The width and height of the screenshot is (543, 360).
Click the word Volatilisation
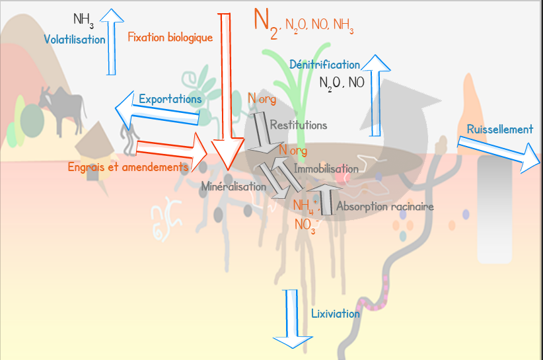tap(75, 40)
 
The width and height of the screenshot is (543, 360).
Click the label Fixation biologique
tap(170, 38)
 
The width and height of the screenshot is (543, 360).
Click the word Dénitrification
tap(324, 65)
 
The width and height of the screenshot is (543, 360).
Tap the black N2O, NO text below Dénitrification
tap(342, 83)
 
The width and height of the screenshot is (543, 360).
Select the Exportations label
tap(170, 99)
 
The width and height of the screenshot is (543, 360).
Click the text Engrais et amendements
tap(128, 167)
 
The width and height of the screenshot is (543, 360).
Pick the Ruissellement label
tap(499, 129)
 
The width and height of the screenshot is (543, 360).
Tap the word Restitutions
tap(298, 125)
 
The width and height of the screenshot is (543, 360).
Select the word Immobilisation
tap(326, 169)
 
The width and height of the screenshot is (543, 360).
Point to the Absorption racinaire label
tap(385, 207)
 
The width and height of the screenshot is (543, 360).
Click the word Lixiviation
tap(335, 314)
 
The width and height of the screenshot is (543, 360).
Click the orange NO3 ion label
tap(306, 224)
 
